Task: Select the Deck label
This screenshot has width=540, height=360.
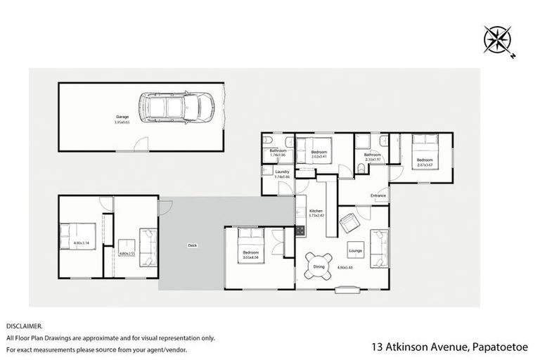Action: tap(192, 245)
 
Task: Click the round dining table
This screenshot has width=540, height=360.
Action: tap(319, 264)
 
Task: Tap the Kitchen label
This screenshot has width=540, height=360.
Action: tap(316, 210)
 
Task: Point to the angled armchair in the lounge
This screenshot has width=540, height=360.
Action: tap(349, 224)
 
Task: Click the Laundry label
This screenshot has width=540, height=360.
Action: tap(283, 172)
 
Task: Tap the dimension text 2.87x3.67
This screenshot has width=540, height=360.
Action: tap(424, 165)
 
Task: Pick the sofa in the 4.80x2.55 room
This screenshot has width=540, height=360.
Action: tap(148, 247)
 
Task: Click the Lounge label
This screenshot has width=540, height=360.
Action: tap(355, 250)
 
